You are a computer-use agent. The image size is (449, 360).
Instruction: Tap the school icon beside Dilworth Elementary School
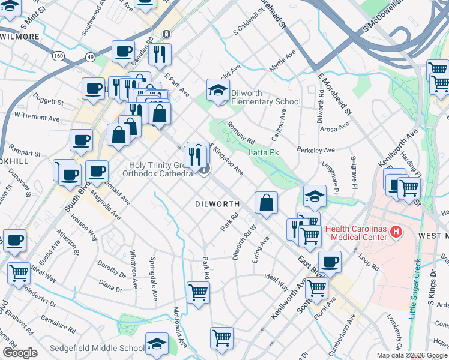click(x=218, y=91)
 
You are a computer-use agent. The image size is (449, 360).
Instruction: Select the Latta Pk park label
click(x=264, y=153)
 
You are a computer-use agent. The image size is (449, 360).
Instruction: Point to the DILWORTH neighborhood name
click(x=217, y=204)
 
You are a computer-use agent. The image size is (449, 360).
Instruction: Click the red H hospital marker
click(x=396, y=231)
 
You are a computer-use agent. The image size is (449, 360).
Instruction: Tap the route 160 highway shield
click(x=58, y=56)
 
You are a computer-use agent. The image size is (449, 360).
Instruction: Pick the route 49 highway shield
click(x=91, y=56)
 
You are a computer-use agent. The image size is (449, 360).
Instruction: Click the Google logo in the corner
click(x=20, y=353)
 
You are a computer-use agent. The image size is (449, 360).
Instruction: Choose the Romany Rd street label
click(x=241, y=133)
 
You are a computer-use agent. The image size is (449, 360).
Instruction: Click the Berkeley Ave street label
click(x=315, y=149)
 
